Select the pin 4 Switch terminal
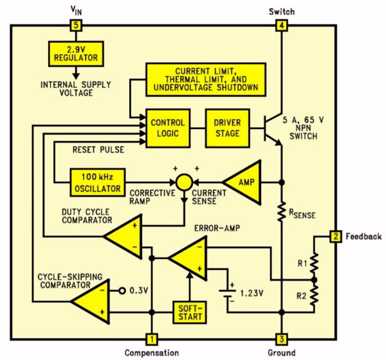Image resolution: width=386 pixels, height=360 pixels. click(281, 26)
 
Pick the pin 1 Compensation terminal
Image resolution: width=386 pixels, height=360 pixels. click(151, 338)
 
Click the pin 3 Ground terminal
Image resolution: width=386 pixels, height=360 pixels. click(281, 338)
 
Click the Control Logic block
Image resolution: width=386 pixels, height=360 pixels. click(167, 127)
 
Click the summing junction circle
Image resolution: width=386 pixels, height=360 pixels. click(185, 181)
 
